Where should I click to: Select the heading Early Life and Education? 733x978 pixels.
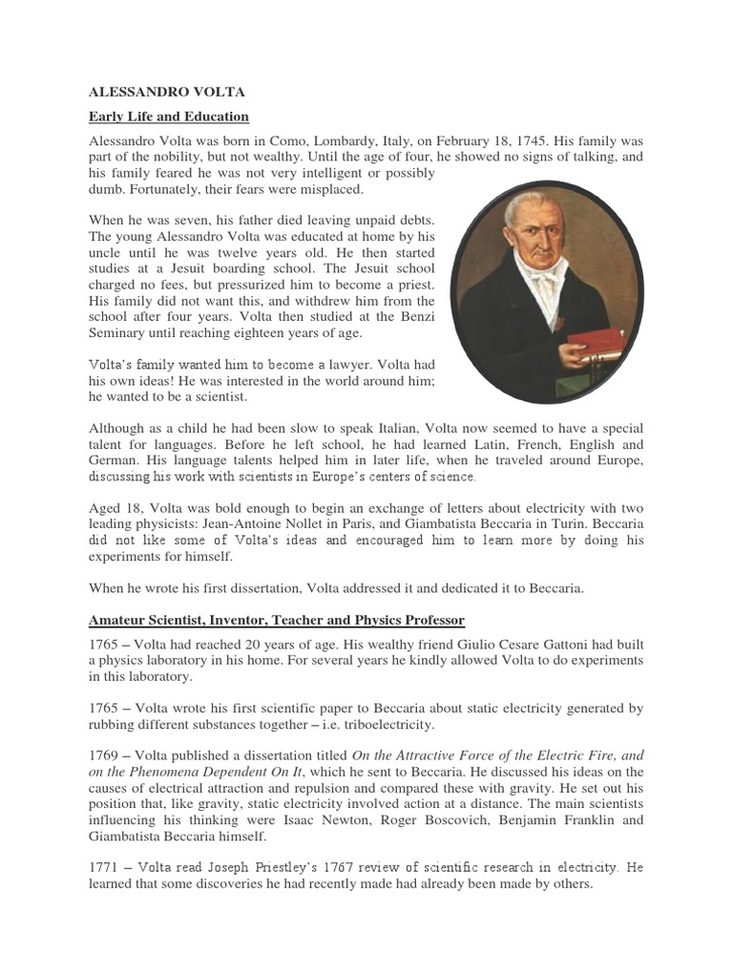point(168,117)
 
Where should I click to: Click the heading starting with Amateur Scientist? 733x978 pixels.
point(277,621)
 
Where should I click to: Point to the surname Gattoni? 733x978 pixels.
point(578,645)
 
